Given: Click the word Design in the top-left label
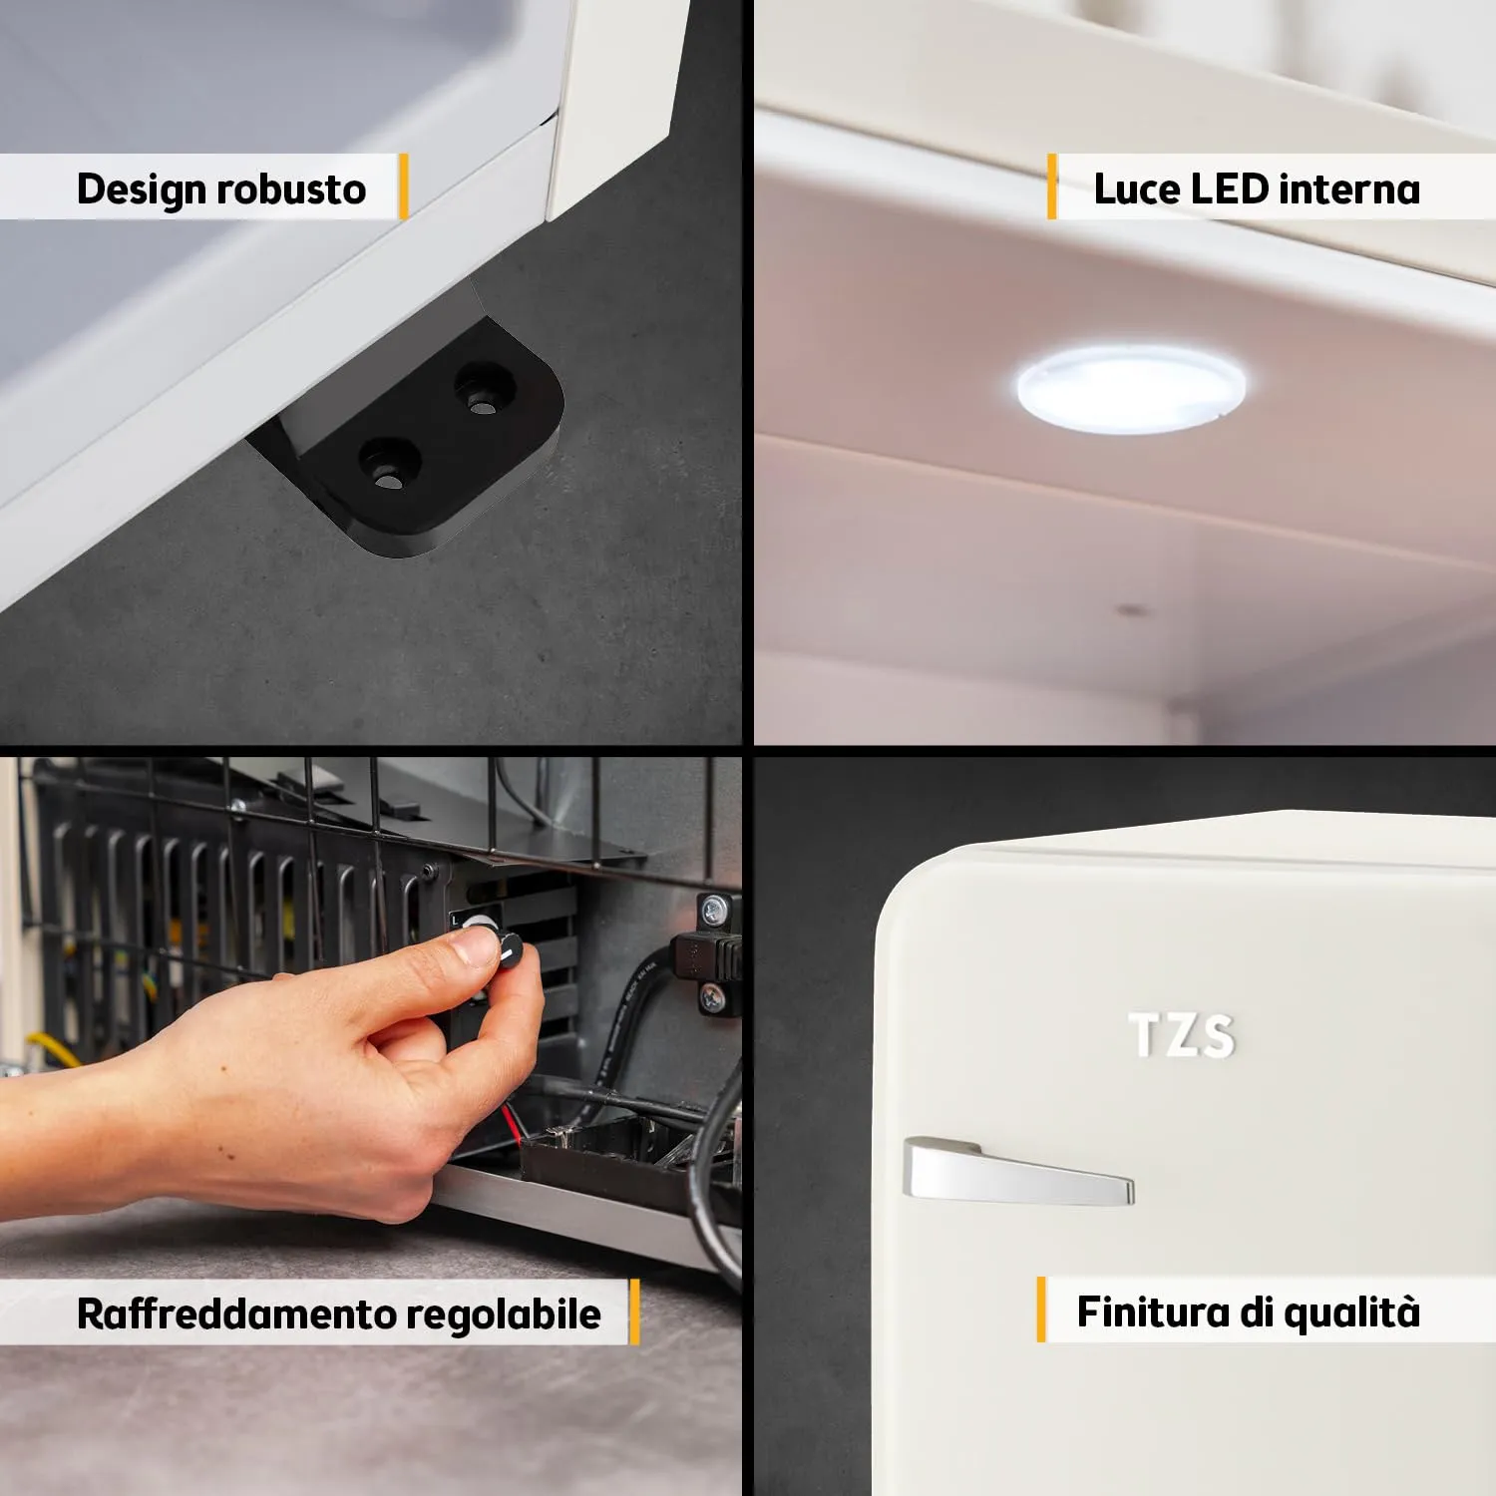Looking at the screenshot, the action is [x=142, y=189].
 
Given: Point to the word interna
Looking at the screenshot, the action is [x=1349, y=188].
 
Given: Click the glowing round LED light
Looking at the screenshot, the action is [x=1130, y=388].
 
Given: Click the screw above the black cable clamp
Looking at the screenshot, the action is [x=713, y=909].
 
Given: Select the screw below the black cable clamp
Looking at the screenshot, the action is [x=713, y=995].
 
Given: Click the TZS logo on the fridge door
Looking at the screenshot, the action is [x=1182, y=1036].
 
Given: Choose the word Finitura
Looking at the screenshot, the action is [x=1153, y=1311].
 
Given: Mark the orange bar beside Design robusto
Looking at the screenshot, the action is [x=403, y=187].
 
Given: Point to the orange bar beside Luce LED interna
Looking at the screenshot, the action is [x=1051, y=187].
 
